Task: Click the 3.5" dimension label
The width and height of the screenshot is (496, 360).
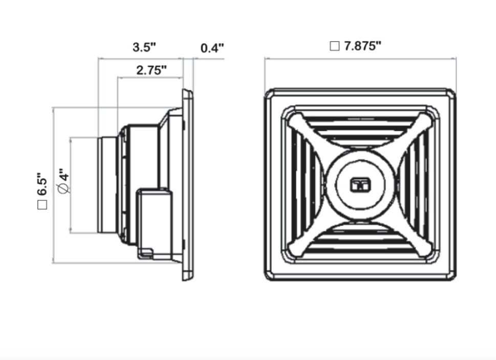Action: pos(144,48)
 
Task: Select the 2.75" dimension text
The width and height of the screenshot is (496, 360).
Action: pos(151,70)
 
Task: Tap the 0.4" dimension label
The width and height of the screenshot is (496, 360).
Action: pos(212,48)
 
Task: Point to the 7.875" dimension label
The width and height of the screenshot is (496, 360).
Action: pos(362,46)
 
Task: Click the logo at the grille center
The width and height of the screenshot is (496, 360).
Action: pos(360,185)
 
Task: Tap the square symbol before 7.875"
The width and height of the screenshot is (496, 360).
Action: pos(334,47)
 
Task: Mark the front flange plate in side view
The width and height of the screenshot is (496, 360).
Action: pos(188,184)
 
